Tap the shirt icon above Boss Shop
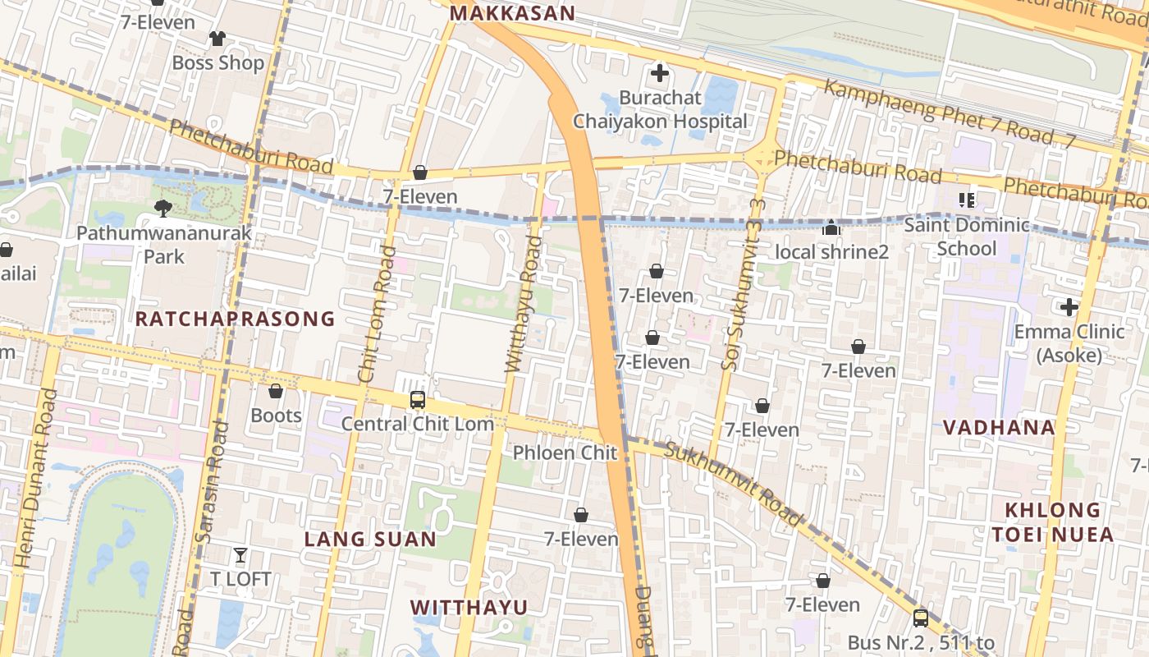pos(217,38)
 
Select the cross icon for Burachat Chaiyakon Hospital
pos(659,74)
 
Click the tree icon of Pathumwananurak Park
pos(163,209)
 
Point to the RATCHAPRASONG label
pos(235,319)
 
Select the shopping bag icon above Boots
pos(276,391)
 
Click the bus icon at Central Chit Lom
pos(417,400)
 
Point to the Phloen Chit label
pos(565,453)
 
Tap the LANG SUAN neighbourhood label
pos(370,539)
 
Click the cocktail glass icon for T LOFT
pos(240,556)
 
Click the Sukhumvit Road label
pos(733,484)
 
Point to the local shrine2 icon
pos(831,227)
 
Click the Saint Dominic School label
pos(967,237)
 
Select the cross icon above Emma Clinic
pos(1069,307)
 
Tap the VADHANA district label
pos(999,427)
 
